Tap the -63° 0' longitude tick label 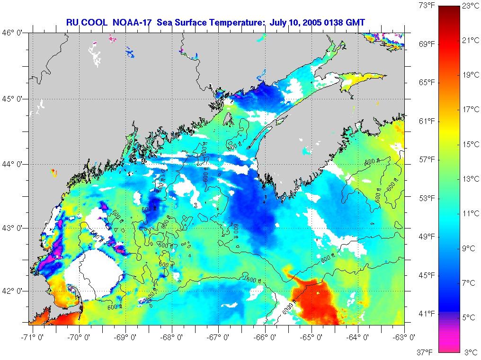pyautogui.click(x=405, y=337)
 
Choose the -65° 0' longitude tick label pyautogui.click(x=313, y=337)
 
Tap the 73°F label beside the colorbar pyautogui.click(x=427, y=5)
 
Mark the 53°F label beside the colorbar pyautogui.click(x=427, y=198)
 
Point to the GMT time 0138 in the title pyautogui.click(x=340, y=22)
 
